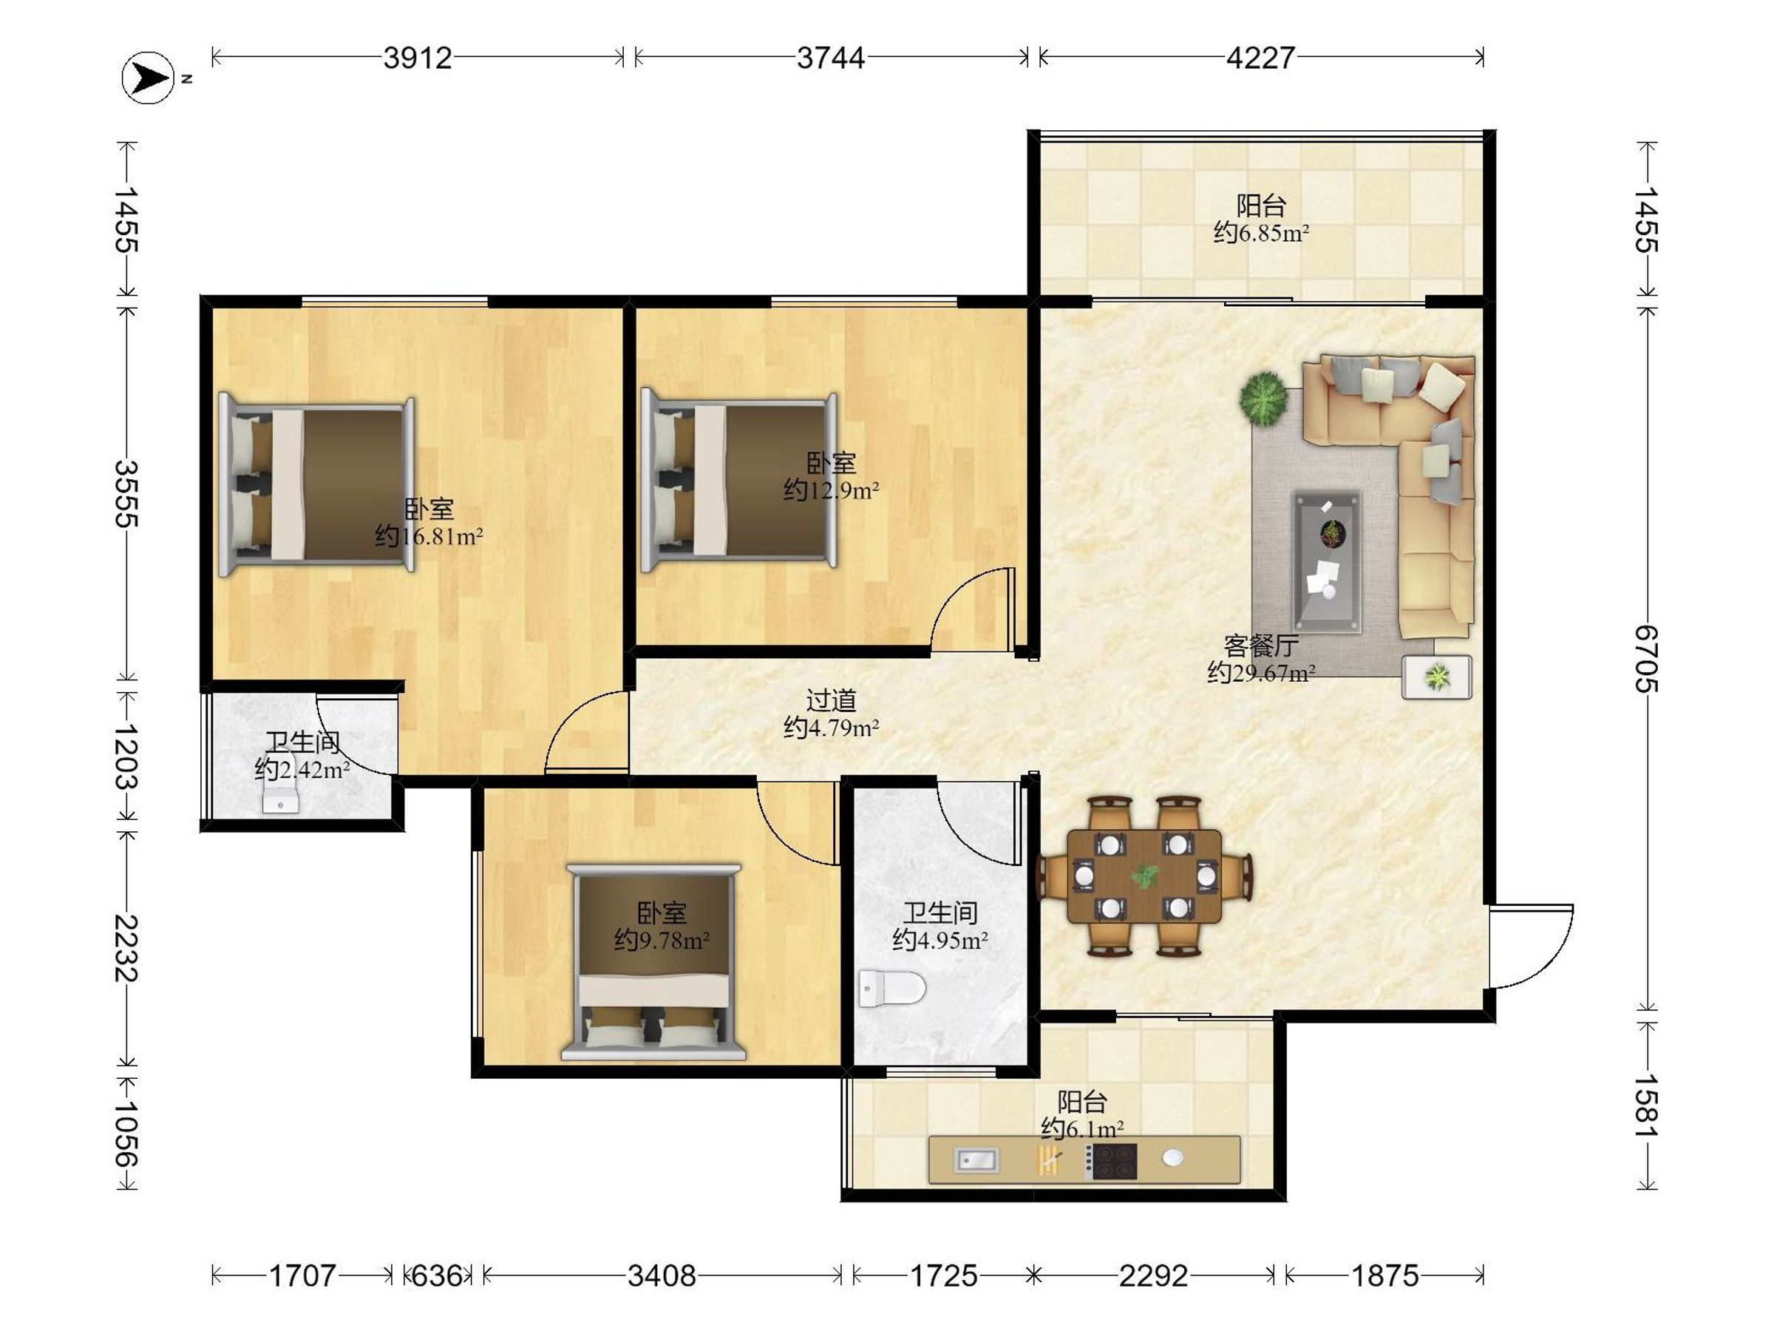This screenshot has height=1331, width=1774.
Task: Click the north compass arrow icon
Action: [x=149, y=78]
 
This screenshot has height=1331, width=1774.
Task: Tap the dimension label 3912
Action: [x=418, y=58]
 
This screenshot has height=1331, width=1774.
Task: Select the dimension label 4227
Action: [x=1261, y=58]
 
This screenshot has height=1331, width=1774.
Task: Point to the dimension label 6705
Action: [x=1646, y=659]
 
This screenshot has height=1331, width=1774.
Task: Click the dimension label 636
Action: [x=437, y=1276]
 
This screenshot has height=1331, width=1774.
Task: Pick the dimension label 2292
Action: [x=1154, y=1276]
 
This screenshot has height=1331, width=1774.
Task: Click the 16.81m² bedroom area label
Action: [x=429, y=536]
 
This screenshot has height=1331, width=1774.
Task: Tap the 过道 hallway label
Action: [x=831, y=700]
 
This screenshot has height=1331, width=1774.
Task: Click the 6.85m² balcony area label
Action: [x=1261, y=233]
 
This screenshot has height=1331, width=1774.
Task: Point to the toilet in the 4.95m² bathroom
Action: [x=892, y=989]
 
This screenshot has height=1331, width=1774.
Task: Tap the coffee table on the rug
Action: [x=1328, y=561]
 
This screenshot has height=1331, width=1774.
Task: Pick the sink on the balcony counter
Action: [x=976, y=1160]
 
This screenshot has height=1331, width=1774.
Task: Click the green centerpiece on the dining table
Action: [x=1144, y=876]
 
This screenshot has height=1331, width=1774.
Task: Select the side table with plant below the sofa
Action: [x=1436, y=677]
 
